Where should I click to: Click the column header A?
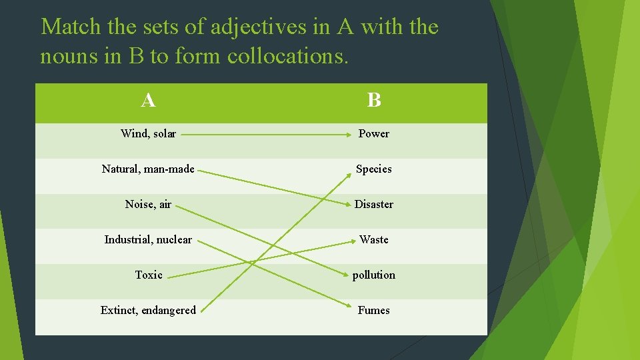[x=148, y=101]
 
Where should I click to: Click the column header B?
[x=374, y=101]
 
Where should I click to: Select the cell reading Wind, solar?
[x=148, y=133]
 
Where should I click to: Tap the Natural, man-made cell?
[x=148, y=169]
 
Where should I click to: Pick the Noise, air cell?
[x=148, y=204]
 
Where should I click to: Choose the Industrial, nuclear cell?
[x=148, y=239]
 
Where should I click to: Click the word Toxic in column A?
[x=148, y=275]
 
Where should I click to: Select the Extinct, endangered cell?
[x=148, y=310]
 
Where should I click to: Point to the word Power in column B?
[x=374, y=133]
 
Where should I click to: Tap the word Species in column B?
[x=374, y=169]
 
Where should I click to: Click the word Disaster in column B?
[x=374, y=204]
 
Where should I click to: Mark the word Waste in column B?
[x=374, y=239]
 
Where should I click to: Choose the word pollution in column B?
[x=374, y=275]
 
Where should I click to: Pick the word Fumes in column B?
[x=374, y=310]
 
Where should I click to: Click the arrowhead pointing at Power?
[x=349, y=133]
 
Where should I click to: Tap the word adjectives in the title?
[x=262, y=27]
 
